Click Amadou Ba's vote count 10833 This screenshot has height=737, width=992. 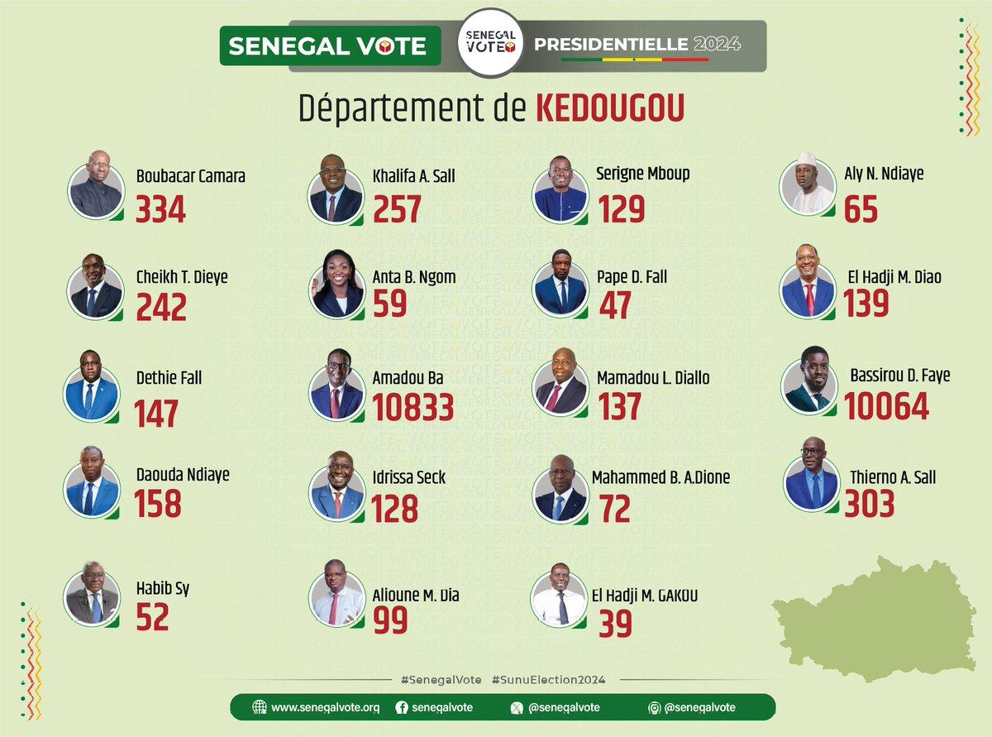(413, 405)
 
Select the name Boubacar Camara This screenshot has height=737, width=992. (190, 175)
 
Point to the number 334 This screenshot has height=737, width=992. (161, 209)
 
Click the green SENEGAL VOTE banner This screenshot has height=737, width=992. (327, 45)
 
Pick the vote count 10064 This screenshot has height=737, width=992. (886, 405)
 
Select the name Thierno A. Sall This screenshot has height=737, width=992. (893, 477)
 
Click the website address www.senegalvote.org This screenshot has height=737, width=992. (325, 707)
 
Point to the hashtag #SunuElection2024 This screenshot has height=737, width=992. (548, 679)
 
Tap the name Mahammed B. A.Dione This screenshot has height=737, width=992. (661, 477)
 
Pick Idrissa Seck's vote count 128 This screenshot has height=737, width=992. (395, 507)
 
